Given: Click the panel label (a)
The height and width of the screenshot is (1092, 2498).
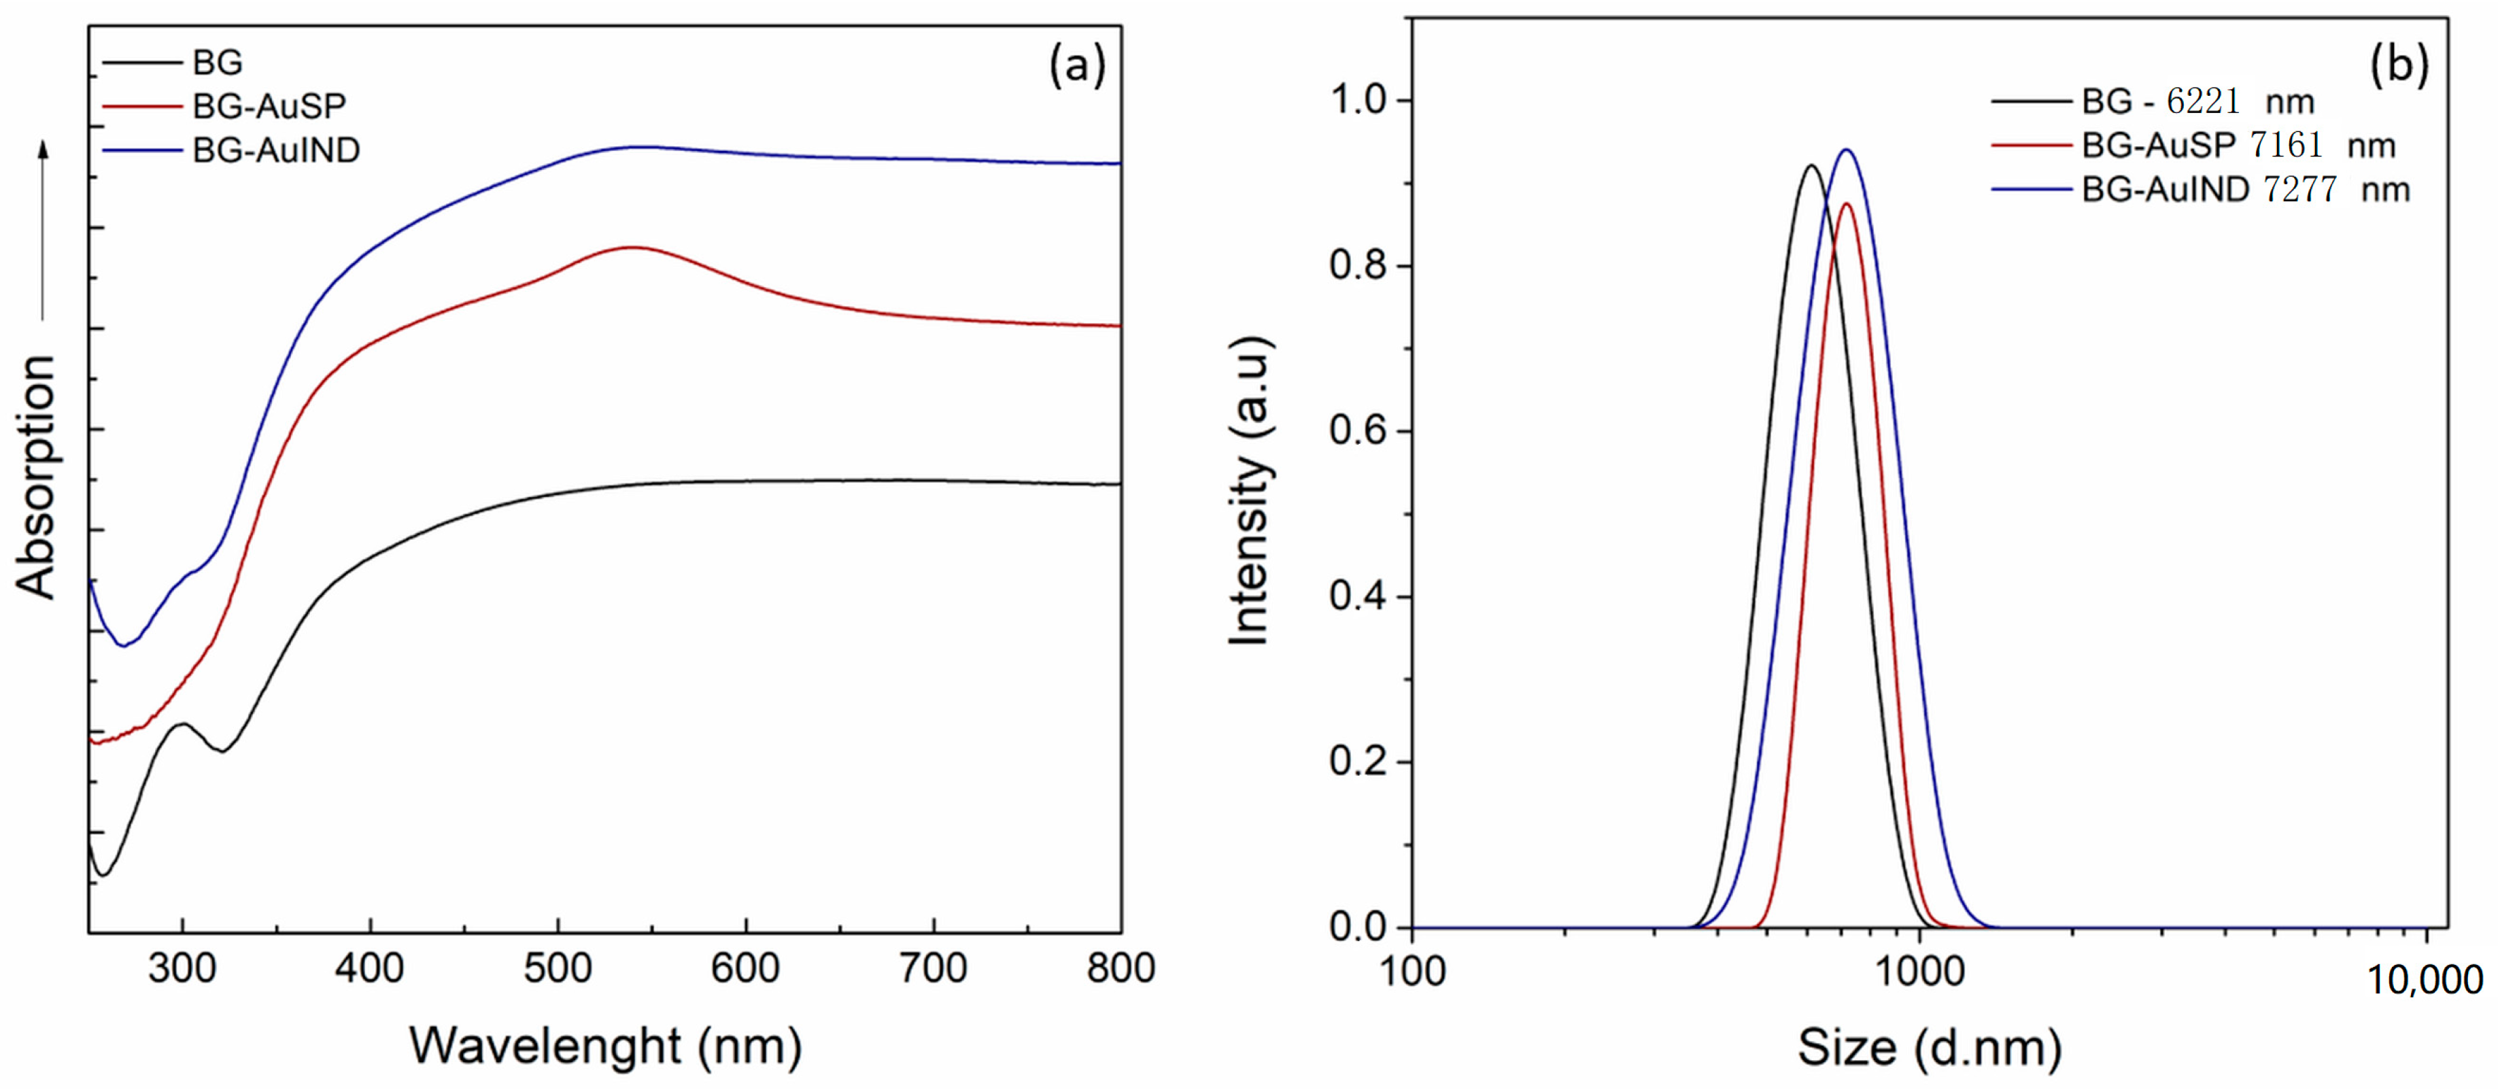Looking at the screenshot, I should (1076, 67).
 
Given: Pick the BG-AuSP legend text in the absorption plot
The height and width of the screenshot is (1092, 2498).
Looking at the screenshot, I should (269, 105).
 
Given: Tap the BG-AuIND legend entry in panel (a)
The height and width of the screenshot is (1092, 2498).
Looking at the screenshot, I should (276, 150).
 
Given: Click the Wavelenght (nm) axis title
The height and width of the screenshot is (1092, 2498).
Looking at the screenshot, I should (605, 1046).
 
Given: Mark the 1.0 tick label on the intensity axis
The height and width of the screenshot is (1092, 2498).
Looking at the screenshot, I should (1358, 100).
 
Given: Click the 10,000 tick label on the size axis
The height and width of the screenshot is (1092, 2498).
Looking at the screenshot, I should (2425, 980).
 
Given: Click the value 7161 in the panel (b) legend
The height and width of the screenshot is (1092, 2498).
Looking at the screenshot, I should (2286, 146).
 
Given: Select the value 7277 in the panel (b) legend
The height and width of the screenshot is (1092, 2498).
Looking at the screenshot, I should (2299, 189).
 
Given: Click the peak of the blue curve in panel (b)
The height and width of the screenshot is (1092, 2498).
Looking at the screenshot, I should (1847, 150).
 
